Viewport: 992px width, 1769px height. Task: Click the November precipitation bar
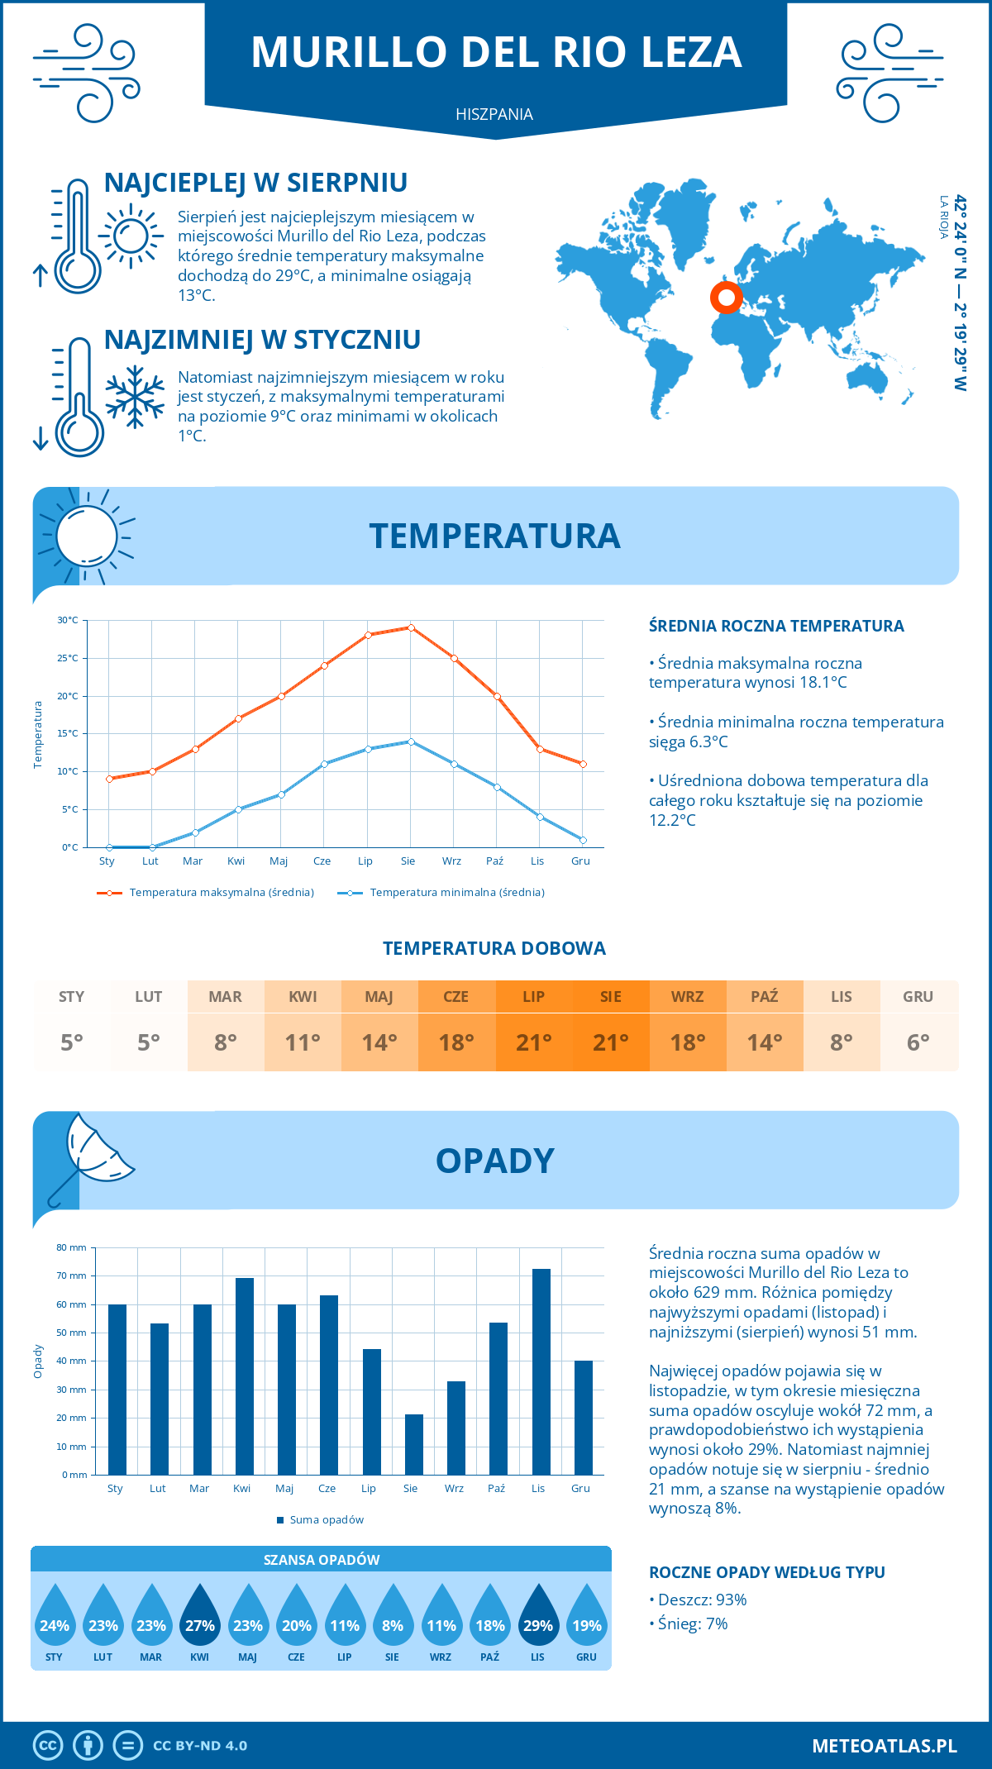point(541,1371)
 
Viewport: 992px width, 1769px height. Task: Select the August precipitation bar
point(413,1444)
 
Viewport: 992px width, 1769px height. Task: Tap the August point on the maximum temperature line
point(411,627)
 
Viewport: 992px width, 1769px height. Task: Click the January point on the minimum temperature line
point(109,847)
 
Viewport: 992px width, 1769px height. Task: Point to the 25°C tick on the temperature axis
point(68,658)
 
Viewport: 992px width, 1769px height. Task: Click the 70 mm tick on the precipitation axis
point(72,1275)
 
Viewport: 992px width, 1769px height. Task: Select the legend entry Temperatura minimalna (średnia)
point(442,892)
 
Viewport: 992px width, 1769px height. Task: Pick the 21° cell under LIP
point(533,1042)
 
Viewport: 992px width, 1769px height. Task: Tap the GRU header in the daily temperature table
point(918,996)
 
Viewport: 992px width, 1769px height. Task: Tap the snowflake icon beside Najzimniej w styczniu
point(135,396)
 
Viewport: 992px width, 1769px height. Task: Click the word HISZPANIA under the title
point(494,114)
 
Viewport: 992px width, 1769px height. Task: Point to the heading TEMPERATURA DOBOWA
point(494,948)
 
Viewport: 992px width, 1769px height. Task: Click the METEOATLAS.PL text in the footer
point(884,1745)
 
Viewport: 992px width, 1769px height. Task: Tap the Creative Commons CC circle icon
point(48,1745)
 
